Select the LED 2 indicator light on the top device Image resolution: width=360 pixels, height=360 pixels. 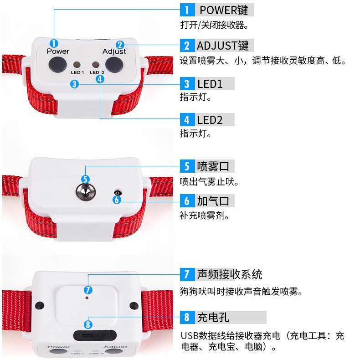coord(96,65)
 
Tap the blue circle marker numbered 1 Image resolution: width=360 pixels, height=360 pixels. coord(54,44)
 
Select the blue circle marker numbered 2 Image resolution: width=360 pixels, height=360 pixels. coord(120,45)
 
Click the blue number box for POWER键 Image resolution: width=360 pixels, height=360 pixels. coord(187,10)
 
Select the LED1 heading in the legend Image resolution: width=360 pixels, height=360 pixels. coord(210,84)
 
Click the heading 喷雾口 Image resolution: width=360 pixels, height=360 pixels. coord(213,166)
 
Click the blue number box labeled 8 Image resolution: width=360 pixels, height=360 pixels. coord(187,317)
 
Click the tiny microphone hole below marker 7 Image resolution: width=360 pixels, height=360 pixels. coord(86,298)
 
